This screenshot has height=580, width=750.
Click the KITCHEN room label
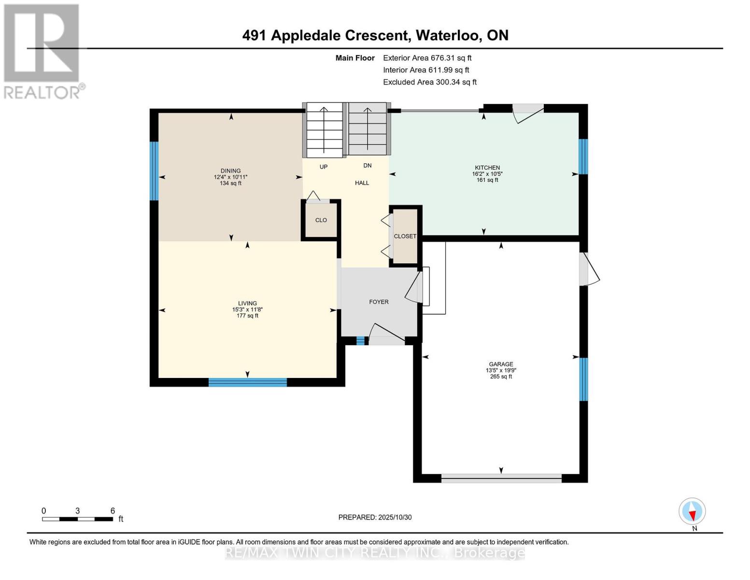tap(487, 168)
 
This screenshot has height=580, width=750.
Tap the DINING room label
tap(230, 171)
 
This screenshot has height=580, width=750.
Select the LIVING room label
tap(247, 304)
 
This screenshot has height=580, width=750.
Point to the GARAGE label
tap(501, 364)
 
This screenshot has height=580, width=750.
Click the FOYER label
tap(379, 302)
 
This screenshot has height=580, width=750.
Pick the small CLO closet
tap(321, 220)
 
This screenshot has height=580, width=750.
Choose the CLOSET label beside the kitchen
tap(405, 236)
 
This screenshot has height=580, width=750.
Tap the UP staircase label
tap(324, 167)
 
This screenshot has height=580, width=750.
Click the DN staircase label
tap(367, 165)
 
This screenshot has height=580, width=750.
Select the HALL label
tap(362, 183)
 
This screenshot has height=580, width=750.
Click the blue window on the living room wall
tap(247, 382)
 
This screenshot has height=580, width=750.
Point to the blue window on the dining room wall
tap(154, 171)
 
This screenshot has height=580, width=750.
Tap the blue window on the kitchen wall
tap(583, 157)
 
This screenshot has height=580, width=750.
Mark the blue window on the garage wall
tap(583, 379)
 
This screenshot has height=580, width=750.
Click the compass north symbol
tap(692, 512)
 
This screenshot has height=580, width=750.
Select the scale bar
tap(78, 519)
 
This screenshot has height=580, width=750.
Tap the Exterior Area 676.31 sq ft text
tap(427, 58)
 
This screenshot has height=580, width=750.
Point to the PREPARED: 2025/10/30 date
tap(375, 517)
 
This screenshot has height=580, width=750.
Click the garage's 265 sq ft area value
tap(501, 377)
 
